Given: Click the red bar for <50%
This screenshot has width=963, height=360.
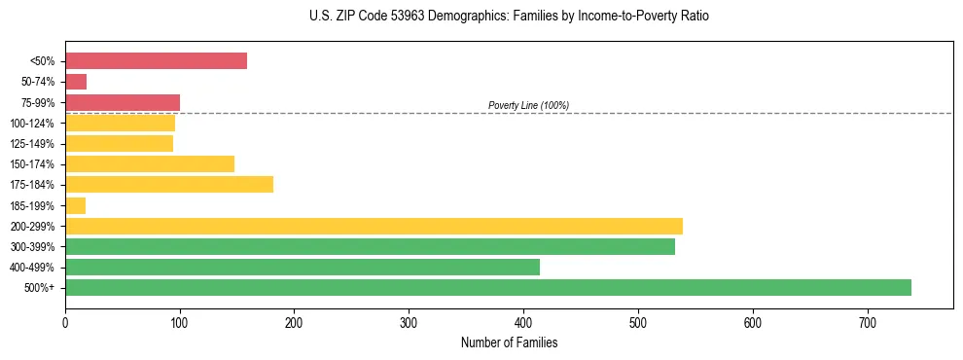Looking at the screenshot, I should (x=156, y=61).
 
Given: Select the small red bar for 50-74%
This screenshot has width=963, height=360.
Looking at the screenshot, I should (x=76, y=82).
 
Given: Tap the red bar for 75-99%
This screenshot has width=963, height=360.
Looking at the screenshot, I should (x=123, y=102).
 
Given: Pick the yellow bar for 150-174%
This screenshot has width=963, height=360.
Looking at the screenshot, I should (x=150, y=163).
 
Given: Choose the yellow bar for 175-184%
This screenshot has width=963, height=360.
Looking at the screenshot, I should (x=169, y=184).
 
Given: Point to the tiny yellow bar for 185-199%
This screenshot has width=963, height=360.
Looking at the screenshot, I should (x=76, y=205).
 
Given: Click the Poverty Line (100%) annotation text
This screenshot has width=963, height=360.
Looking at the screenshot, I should (x=528, y=105).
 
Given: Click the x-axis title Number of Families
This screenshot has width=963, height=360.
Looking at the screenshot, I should (x=509, y=342).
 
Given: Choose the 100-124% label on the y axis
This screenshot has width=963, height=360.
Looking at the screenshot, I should (x=32, y=124).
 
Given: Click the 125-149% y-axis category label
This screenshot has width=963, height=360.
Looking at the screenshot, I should (x=32, y=144).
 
